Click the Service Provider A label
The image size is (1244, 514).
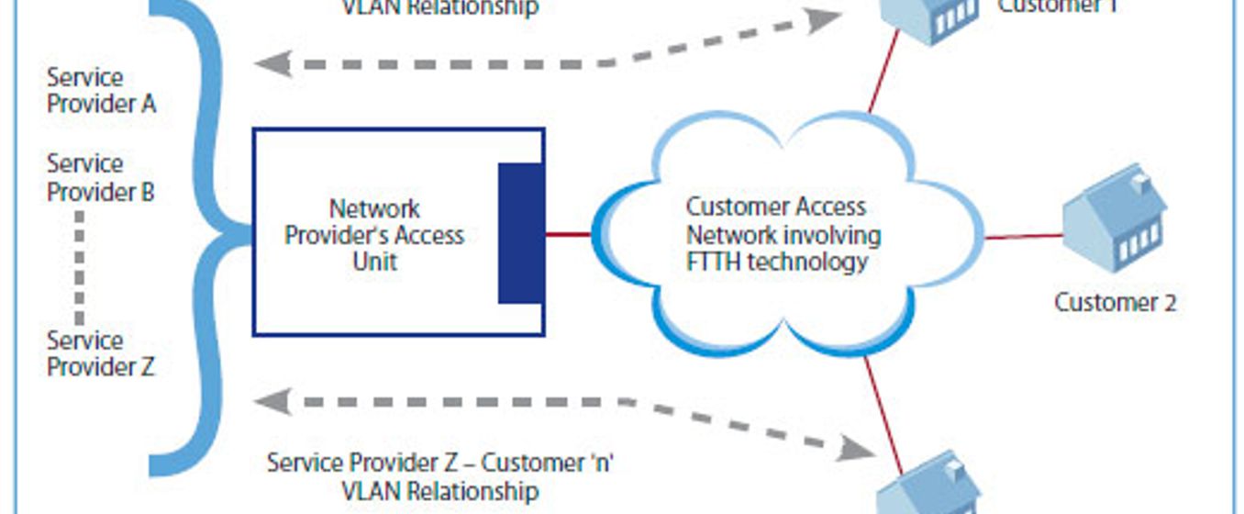pos(101,91)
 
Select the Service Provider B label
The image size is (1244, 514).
pos(101,178)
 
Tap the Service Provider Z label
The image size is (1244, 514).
pos(101,354)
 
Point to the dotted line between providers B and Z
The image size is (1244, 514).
pos(80,266)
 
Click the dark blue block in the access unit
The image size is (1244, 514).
pos(520,233)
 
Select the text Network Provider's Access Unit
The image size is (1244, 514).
pos(374,235)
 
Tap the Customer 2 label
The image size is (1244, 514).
pos(1115,302)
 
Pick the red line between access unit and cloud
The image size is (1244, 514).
pos(568,234)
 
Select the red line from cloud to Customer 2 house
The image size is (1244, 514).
pos(1024,237)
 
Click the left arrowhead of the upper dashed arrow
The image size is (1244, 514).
pos(272,64)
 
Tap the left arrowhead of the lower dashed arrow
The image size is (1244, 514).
pos(272,401)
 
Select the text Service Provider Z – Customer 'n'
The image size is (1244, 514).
pos(440,462)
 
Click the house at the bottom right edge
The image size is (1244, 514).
pos(928,486)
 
